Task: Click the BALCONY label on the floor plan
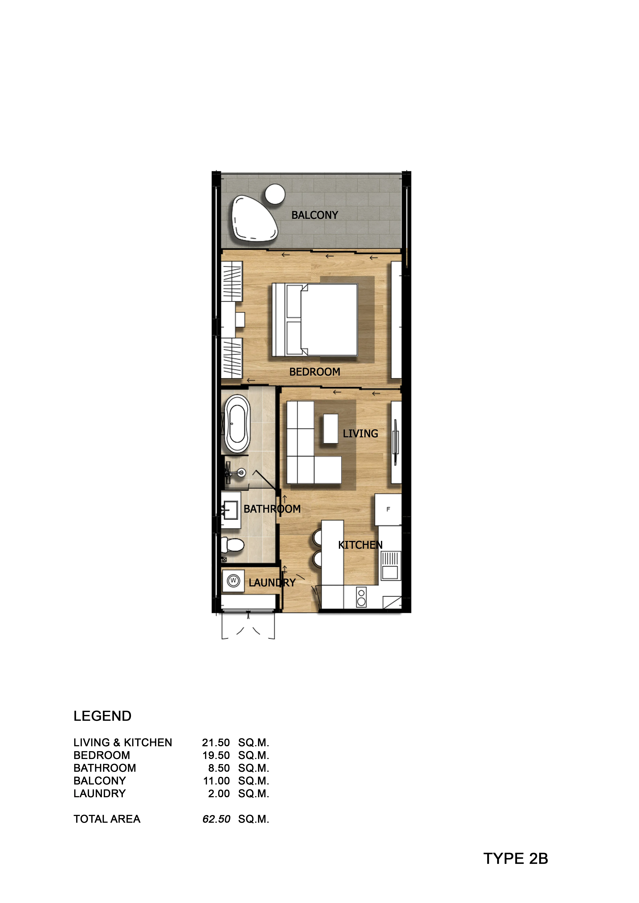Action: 315,215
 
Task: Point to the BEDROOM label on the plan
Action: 315,372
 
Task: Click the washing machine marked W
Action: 233,581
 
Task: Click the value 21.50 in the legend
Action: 216,743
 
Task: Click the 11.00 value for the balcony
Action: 216,781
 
